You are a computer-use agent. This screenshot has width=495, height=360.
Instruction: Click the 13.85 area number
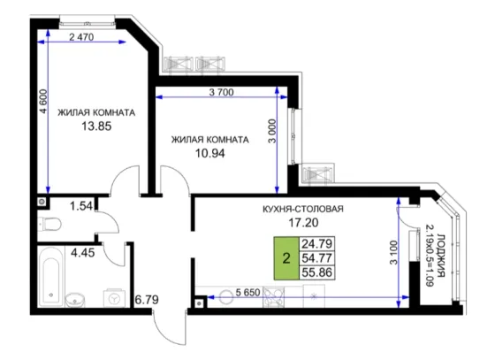point(96,126)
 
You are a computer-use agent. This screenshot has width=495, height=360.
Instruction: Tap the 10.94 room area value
point(210,154)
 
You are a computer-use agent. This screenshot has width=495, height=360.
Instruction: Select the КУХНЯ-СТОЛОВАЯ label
point(303,209)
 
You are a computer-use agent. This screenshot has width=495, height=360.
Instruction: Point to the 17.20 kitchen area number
point(304,223)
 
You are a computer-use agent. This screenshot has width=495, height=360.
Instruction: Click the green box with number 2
point(286,258)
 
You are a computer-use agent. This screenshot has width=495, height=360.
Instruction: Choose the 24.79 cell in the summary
point(317,244)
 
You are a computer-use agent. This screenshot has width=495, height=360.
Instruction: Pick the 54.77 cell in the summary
point(317,258)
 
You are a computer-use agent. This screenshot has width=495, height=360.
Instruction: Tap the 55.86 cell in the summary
point(317,272)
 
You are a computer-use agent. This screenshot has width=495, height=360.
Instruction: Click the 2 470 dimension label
point(81,37)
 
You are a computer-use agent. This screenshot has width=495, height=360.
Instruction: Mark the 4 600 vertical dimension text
point(43,102)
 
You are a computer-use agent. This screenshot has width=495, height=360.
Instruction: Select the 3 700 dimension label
point(222,92)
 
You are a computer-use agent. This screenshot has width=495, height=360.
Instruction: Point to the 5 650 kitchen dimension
point(248,293)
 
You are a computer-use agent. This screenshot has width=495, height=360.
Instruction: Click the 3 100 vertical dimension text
point(393,253)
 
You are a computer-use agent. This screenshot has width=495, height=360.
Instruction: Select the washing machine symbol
point(114,297)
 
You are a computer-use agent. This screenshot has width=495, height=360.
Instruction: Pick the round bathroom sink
point(75,300)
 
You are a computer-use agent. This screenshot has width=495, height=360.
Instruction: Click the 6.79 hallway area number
point(147,300)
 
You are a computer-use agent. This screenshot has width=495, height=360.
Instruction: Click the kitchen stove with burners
point(273,297)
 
